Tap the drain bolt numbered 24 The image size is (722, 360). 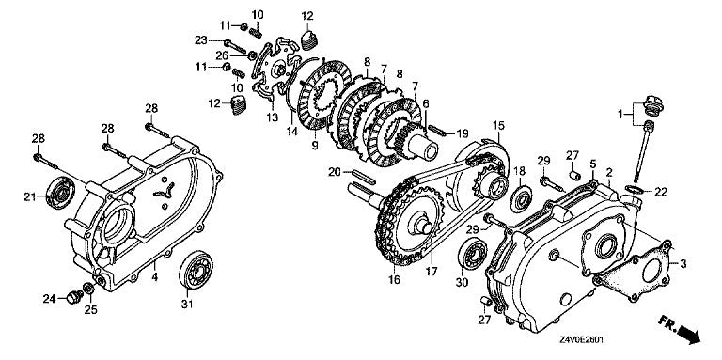click(71, 298)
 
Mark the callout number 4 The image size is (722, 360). click(154, 277)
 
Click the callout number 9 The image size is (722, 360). click(314, 148)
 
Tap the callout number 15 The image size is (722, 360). click(497, 124)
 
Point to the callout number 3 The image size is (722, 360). click(683, 263)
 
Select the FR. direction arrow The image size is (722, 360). click(693, 330)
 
